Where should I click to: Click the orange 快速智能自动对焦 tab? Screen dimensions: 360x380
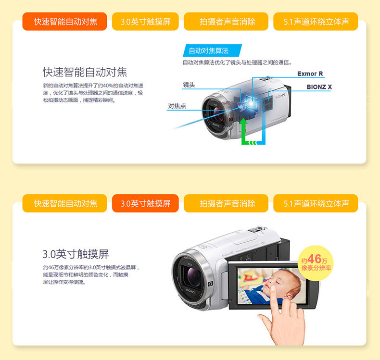[65, 22]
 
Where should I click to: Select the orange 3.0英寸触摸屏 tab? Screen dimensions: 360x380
[145, 203]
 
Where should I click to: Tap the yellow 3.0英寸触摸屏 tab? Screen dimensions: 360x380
[145, 22]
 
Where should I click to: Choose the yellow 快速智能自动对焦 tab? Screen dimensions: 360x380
[65, 203]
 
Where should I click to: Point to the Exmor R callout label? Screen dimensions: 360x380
[310, 74]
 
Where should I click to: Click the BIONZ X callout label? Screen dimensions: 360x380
[319, 87]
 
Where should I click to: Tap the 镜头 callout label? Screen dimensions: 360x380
[189, 85]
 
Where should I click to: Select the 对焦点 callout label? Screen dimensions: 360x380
[177, 106]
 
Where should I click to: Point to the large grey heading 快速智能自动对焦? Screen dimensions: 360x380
[85, 72]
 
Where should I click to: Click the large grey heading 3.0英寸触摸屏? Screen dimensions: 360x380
[76, 254]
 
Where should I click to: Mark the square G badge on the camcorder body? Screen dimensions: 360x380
[210, 284]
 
